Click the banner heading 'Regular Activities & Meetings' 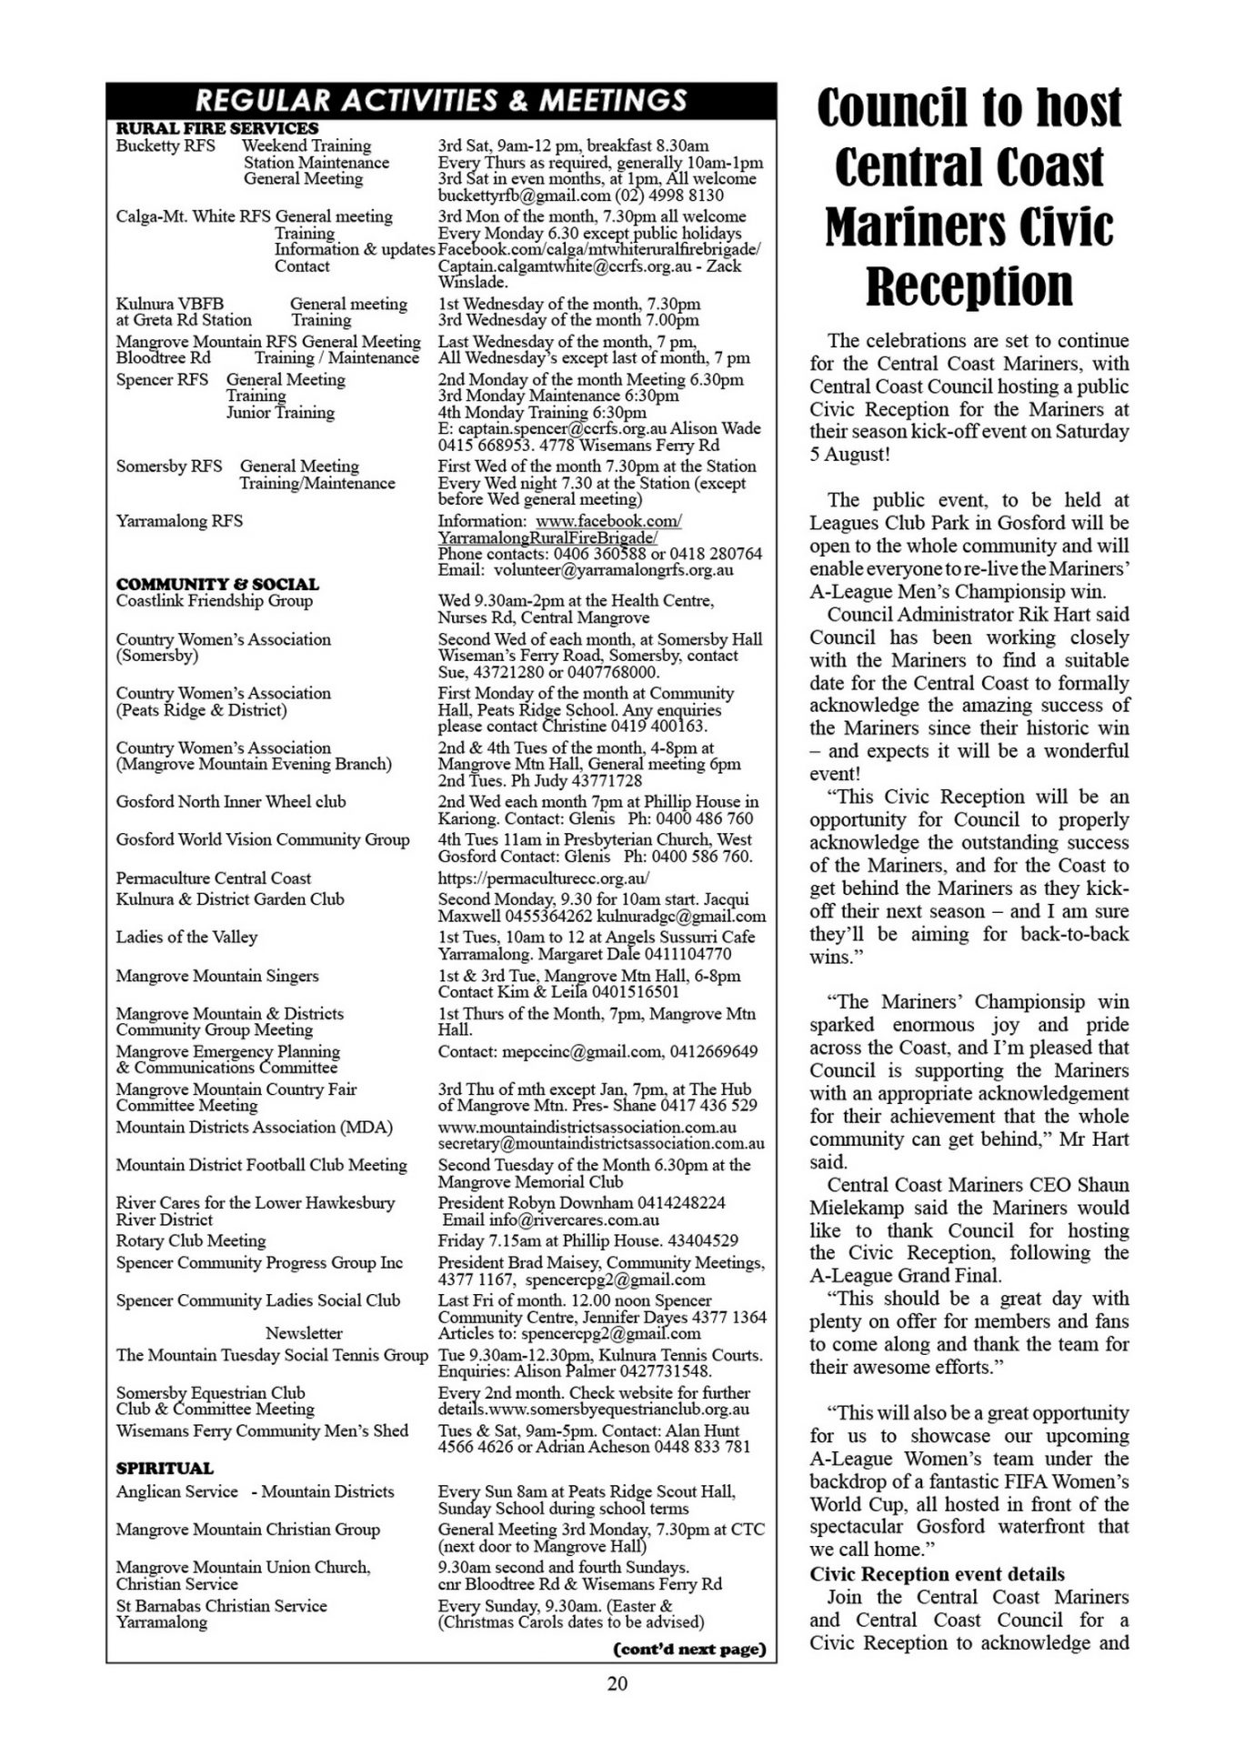coord(441,99)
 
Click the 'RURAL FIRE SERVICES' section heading coord(217,128)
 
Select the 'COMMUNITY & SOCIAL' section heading coord(217,584)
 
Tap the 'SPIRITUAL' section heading coord(165,1468)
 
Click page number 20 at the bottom coord(617,1683)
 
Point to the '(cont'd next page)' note coord(690,1649)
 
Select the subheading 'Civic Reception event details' coord(937,1574)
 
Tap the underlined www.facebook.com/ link coord(608,521)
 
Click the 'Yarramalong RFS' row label coord(179,521)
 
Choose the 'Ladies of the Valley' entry coord(186,937)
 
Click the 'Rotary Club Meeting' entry coord(191,1240)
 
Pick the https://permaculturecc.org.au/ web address coord(544,878)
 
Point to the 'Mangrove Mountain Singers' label coord(217,976)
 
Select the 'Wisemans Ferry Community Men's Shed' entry coord(262,1430)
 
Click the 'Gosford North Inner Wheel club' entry coord(231,801)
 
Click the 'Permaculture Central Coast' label coord(214,878)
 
